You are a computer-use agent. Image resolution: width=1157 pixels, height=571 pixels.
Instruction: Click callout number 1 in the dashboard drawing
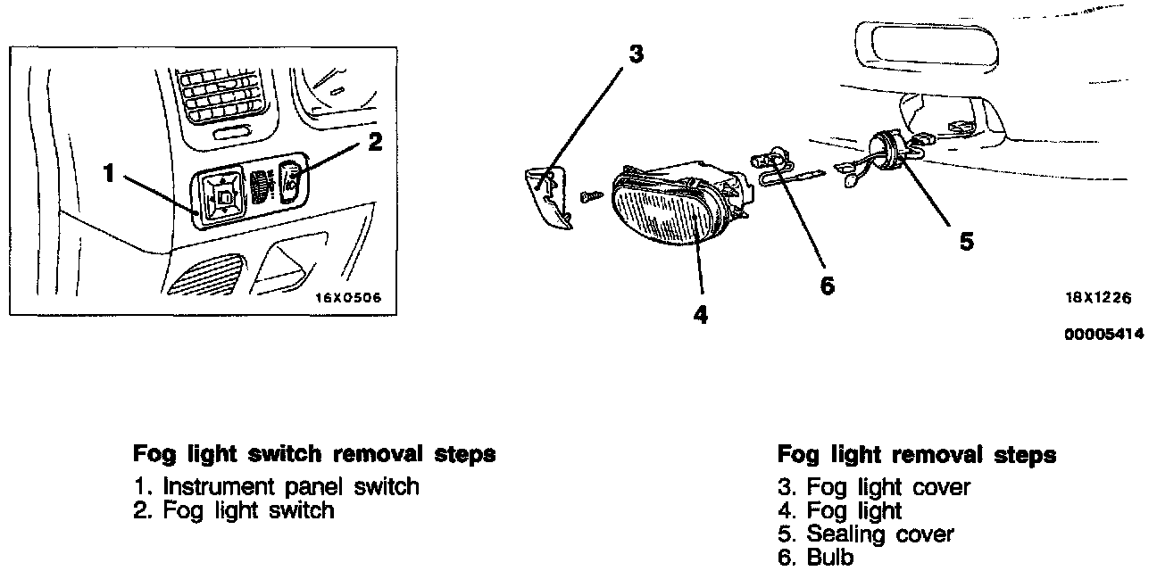pos(109,172)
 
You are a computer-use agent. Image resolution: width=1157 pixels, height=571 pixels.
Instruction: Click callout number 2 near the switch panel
pos(375,141)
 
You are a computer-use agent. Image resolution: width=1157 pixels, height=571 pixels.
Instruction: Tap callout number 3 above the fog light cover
pos(635,54)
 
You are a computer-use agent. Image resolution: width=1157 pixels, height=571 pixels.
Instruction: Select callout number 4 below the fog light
pos(701,314)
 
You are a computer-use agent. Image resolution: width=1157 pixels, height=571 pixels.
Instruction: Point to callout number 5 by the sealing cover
pos(966,241)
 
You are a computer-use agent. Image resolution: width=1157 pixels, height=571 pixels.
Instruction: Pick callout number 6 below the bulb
pos(827,285)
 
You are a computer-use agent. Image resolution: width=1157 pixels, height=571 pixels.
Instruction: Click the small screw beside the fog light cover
pos(589,194)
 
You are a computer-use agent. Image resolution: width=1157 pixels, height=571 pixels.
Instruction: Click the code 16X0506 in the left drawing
pos(347,298)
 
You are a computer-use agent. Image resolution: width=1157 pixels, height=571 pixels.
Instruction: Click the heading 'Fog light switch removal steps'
pos(313,454)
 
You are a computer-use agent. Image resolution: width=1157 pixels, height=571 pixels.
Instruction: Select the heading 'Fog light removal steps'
pos(916,455)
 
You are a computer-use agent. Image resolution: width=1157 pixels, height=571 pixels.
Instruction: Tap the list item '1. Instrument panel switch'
pos(276,486)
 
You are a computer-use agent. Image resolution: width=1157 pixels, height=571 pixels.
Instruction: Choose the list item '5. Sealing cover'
pos(865,534)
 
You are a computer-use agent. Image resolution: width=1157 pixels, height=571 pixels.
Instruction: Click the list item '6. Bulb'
pos(816,558)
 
